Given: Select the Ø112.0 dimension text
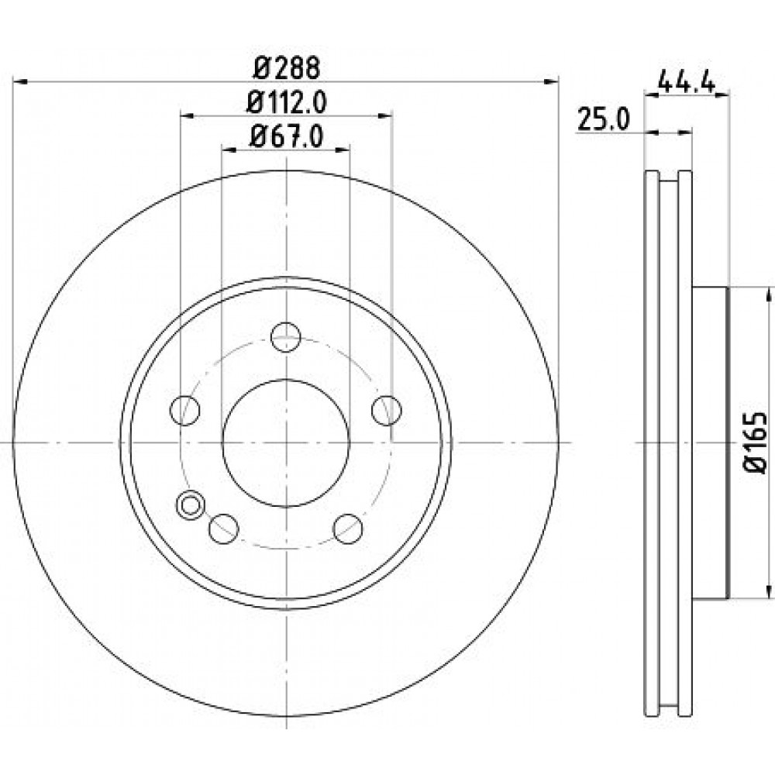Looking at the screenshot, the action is (x=287, y=102).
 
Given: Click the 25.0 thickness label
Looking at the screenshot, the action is (x=604, y=120).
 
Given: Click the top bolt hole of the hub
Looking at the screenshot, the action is (x=286, y=337).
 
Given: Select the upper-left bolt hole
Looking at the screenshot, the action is (x=184, y=410).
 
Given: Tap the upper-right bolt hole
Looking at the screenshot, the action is (x=387, y=410).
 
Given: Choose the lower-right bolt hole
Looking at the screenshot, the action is (x=348, y=529).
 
